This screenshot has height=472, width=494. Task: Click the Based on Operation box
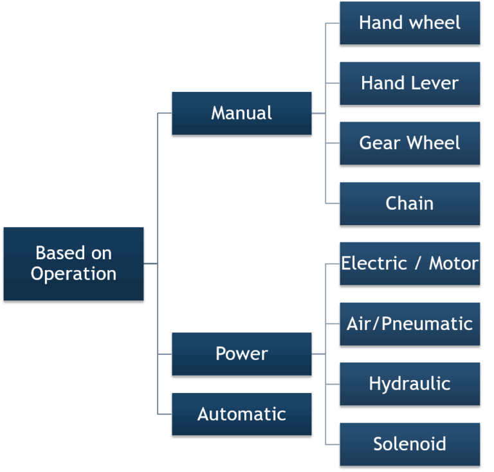pos(73,264)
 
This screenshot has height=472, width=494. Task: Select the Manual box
pos(241,113)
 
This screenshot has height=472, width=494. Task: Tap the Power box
pos(241,354)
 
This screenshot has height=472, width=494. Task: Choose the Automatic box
pos(241,414)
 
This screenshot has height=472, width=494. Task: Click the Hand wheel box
pos(410,23)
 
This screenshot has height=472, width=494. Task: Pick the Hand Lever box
pos(410,83)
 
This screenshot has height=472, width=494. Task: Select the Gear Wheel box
pos(410,143)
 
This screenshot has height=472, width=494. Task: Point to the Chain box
pos(410,203)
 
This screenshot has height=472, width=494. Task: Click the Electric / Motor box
pos(410,264)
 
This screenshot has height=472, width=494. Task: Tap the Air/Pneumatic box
pos(410,323)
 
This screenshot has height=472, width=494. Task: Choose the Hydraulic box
pos(410,384)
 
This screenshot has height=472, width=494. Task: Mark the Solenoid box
pos(410,444)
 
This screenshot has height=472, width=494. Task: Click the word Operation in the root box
pos(73,274)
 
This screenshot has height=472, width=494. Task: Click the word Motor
pos(453,264)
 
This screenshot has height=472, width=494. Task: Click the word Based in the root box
pos(55,253)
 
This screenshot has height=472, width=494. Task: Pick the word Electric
pos(374,264)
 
